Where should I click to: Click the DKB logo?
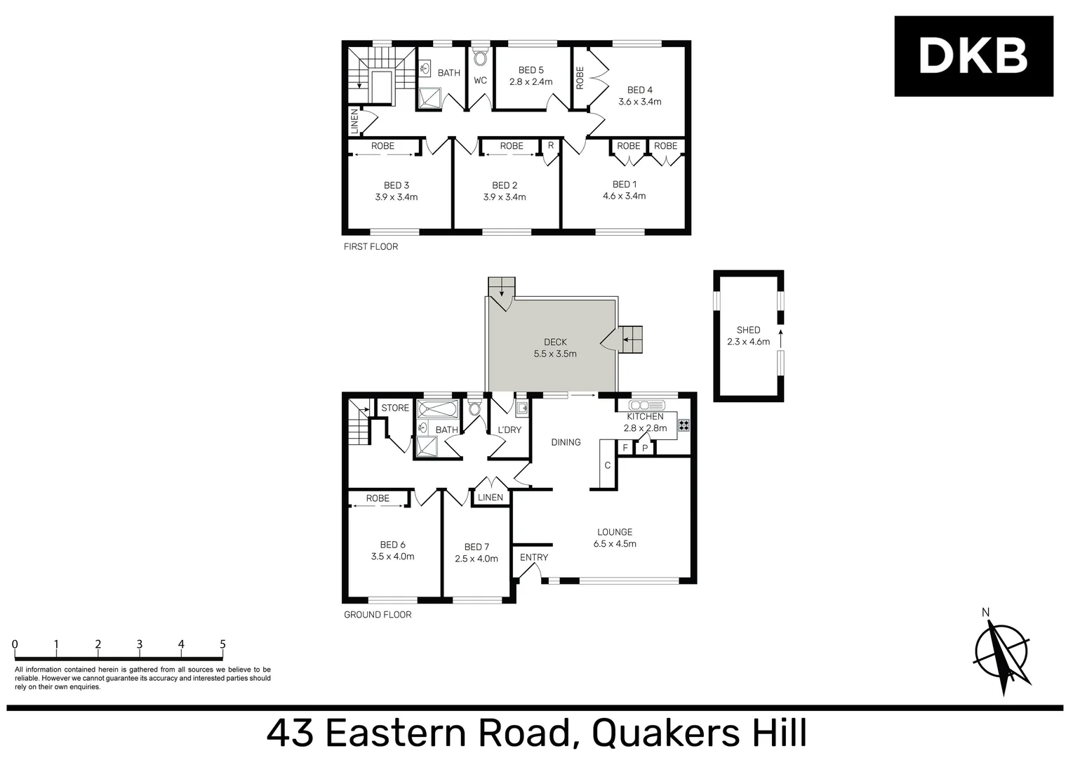973,56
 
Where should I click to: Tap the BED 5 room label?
531,70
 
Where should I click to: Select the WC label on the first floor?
480,81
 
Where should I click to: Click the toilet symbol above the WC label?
480,58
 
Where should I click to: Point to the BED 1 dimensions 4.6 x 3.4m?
624,197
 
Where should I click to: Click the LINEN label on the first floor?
354,121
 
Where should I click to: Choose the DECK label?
555,343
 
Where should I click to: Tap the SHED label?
748,330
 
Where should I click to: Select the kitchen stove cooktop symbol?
684,425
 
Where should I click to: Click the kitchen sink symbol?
646,405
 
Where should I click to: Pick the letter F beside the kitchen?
625,448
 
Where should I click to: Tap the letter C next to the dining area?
608,465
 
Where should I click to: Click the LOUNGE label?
615,532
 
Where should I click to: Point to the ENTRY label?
534,557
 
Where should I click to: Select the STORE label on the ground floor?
395,408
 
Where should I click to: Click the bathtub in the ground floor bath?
436,408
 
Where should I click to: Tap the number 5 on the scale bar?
222,644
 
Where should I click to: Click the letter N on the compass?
985,613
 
